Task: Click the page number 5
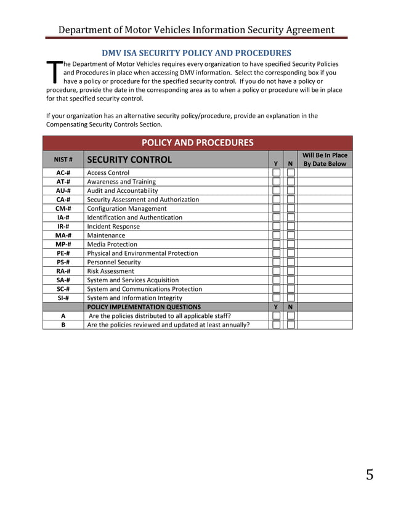coord(369,474)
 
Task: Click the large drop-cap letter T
coord(54,72)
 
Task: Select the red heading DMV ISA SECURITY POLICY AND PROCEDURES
coord(196,53)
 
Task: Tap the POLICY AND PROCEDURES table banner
coord(197,143)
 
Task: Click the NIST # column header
coord(63,160)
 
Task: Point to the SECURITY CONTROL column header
coord(129,160)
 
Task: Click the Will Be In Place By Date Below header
coord(325,160)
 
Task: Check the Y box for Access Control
coord(277,173)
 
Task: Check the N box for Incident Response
coord(291,227)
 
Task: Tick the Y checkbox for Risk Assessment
coord(277,271)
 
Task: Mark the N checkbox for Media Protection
coord(291,245)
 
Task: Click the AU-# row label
coord(63,191)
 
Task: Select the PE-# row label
coord(63,253)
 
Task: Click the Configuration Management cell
coord(127,209)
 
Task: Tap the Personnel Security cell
coord(114,263)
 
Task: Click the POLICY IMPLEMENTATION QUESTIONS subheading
coord(144,307)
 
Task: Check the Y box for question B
coord(277,325)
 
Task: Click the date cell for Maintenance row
coord(325,235)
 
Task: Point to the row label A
coord(63,316)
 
